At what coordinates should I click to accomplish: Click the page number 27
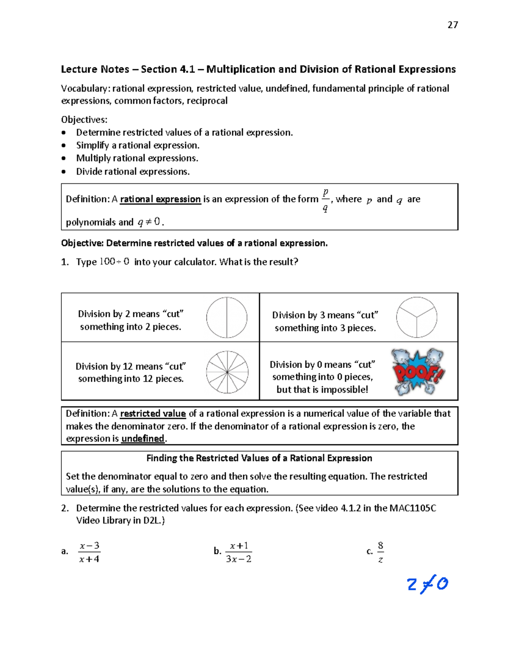452,25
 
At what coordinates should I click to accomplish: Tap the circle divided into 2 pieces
227,318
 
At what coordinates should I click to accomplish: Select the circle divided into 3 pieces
416,317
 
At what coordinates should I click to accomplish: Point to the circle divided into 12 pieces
227,372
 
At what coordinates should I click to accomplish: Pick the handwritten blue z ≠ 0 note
427,585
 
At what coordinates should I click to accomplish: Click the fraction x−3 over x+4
90,552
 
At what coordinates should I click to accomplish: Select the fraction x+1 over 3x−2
239,552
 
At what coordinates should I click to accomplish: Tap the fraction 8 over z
380,552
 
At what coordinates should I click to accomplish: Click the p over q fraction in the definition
325,200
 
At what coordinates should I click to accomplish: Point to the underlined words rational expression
160,199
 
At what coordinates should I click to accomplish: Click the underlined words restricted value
153,413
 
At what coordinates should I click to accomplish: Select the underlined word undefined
143,438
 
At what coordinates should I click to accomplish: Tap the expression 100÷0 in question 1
114,261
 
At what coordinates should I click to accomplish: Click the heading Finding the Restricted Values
259,458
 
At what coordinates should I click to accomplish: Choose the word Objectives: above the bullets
84,119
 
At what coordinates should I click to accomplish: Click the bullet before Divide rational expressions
64,171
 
